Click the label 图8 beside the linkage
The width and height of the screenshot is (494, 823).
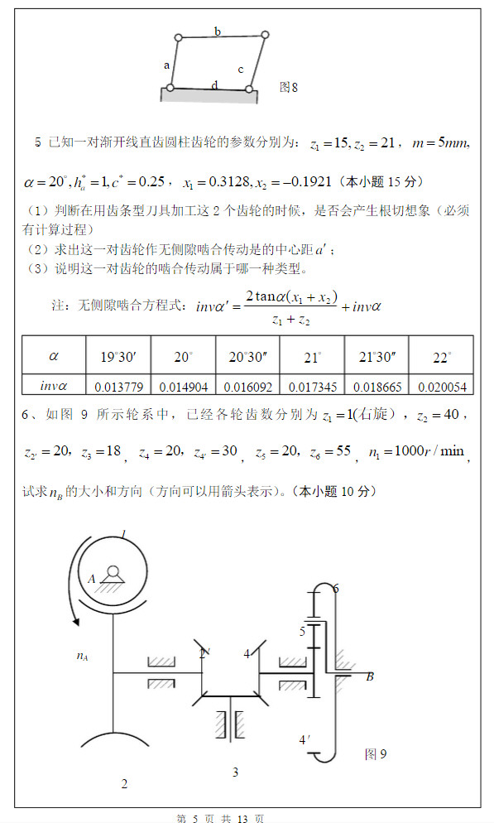click(288, 85)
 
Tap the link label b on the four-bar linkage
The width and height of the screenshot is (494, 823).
click(218, 31)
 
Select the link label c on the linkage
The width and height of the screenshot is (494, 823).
click(241, 70)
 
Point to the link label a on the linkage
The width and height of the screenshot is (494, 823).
click(166, 65)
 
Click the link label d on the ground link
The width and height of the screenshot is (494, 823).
click(215, 84)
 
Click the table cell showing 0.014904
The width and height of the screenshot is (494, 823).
click(183, 385)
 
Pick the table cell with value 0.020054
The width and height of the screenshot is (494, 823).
click(442, 385)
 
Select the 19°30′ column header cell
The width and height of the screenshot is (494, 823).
click(118, 357)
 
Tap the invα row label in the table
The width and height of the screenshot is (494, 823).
click(54, 385)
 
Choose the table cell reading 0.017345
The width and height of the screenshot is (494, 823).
click(312, 385)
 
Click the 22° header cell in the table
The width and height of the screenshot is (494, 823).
click(441, 357)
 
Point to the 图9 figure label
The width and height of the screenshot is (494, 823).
click(376, 753)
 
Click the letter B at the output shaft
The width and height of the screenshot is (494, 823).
click(370, 676)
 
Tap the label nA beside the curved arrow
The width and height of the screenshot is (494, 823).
click(82, 657)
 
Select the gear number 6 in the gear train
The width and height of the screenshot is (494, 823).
click(335, 588)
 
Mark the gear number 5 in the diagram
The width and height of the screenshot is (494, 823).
click(303, 631)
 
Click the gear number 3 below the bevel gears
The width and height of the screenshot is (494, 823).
click(235, 772)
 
